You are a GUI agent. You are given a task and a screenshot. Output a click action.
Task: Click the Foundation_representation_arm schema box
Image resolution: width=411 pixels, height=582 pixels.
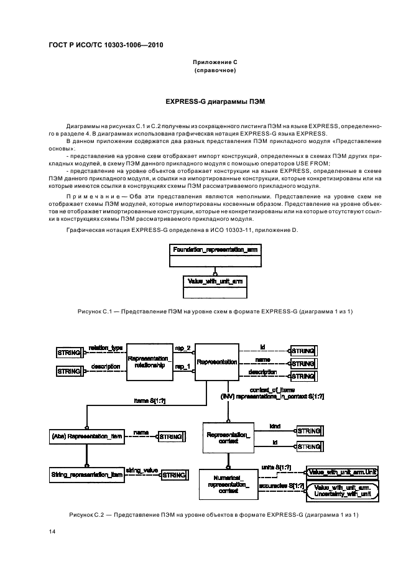215,249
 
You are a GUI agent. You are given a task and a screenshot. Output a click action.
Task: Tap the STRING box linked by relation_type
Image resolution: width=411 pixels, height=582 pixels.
70,353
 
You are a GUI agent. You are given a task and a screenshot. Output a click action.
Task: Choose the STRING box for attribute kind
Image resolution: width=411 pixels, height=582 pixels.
309,431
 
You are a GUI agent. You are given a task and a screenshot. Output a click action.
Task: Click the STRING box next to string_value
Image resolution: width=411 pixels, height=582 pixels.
173,475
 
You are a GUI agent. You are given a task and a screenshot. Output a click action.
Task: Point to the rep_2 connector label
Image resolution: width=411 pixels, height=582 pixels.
183,349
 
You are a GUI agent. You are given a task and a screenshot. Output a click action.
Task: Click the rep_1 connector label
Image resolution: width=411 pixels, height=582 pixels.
183,367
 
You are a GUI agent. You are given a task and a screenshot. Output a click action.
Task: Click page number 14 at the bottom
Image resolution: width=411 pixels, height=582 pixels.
52,532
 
